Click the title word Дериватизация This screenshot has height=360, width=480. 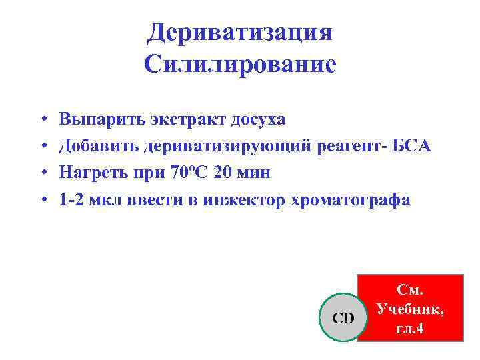coord(240,31)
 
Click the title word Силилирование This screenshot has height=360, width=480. coord(240,64)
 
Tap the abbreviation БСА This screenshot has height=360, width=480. coord(411,146)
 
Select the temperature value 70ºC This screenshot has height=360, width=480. coord(193,173)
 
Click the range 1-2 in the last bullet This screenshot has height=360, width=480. coord(73,199)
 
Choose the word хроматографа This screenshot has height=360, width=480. coord(350,199)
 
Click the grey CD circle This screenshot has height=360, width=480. coord(343,317)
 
